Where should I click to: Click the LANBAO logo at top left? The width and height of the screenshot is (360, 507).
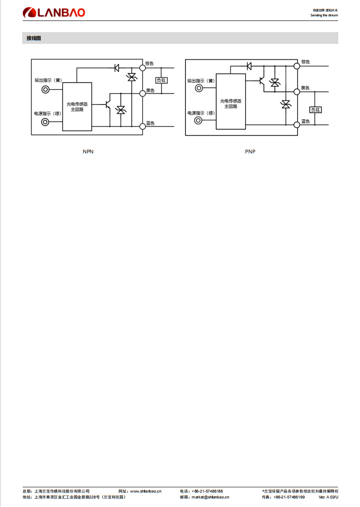coord(54,13)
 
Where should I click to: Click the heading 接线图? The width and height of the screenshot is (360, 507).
coord(34,38)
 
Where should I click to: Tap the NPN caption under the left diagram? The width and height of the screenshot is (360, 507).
coord(88,152)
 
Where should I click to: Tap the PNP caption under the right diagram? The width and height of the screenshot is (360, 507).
coord(250,152)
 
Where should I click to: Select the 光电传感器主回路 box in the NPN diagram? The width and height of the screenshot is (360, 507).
coord(77,107)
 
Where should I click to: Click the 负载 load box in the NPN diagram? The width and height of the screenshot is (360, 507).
coord(161,80)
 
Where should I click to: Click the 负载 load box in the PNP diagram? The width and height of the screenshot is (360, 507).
coord(315,109)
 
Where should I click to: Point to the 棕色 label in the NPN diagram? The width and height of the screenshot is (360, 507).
coord(150,63)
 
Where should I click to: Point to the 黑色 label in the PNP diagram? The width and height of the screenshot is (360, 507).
coord(305,88)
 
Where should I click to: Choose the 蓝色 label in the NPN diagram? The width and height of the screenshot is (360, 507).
coord(150,123)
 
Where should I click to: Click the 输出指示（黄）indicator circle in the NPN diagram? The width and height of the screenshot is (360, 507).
coord(46,90)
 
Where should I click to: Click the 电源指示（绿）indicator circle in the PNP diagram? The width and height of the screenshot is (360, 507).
coord(199,121)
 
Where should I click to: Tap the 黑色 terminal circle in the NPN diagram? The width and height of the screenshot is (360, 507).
coord(142,94)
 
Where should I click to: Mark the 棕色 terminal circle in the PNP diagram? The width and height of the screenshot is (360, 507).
coord(297,66)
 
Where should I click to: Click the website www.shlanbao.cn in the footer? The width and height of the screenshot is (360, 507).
coord(146,491)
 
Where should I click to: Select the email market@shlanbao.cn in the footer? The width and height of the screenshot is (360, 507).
coord(210,497)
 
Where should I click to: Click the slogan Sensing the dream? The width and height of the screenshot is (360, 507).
coord(324,15)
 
